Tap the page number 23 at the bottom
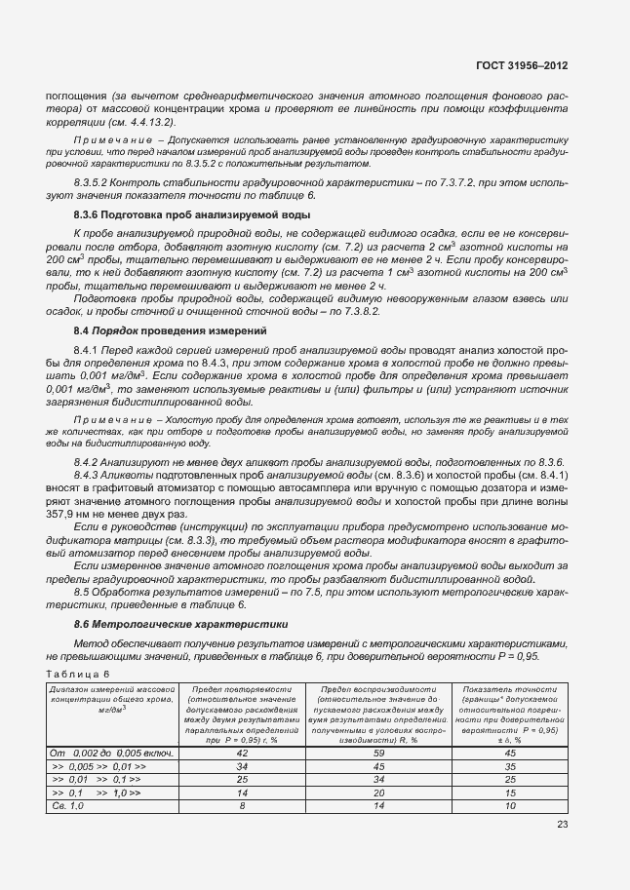click(x=563, y=825)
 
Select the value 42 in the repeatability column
click(x=242, y=753)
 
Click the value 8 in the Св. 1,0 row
click(x=242, y=807)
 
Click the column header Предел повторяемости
click(x=242, y=689)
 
